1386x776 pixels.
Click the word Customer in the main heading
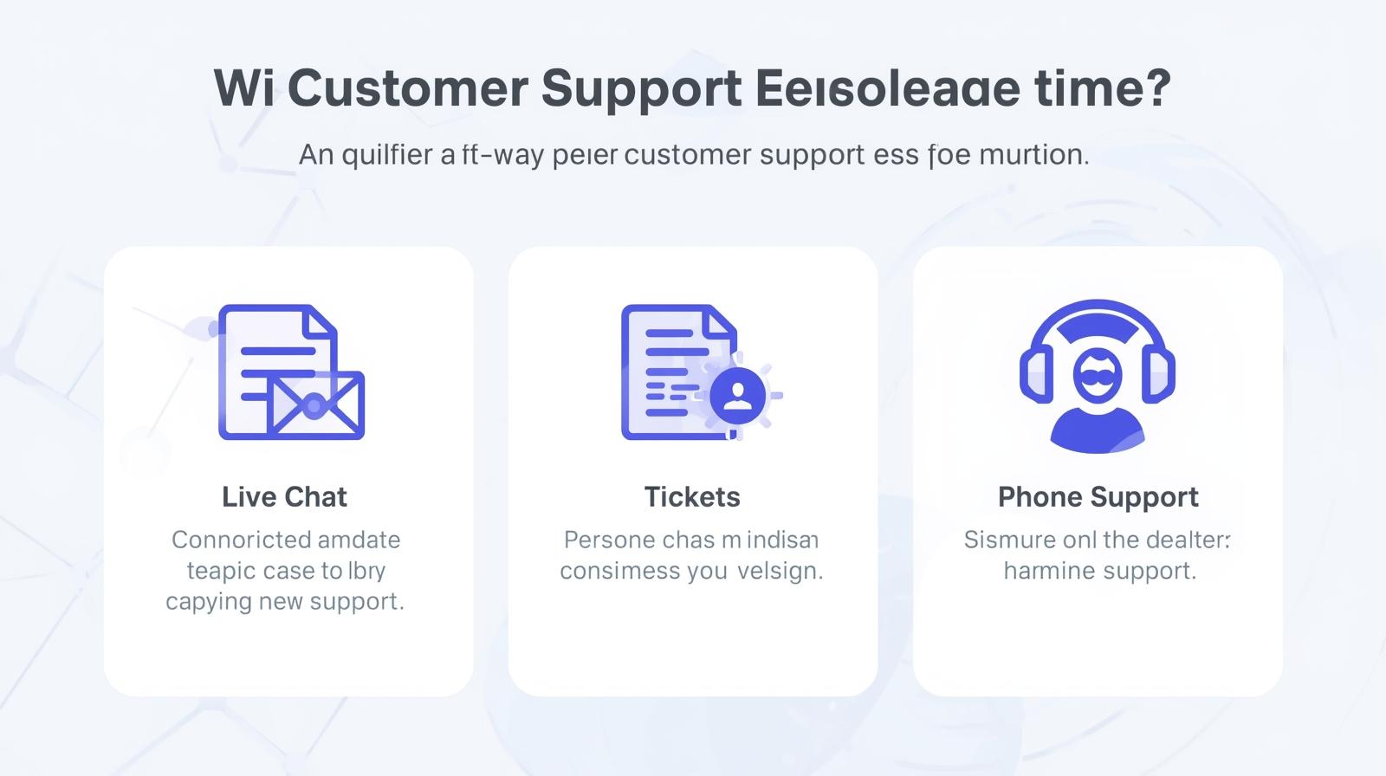(407, 87)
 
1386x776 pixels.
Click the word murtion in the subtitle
(1033, 155)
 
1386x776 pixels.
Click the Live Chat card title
(284, 497)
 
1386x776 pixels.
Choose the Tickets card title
(692, 497)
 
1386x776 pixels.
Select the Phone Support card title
(1098, 497)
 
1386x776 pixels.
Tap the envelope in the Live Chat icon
(316, 404)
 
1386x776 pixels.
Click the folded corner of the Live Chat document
(321, 320)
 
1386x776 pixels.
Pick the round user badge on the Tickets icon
(737, 395)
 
